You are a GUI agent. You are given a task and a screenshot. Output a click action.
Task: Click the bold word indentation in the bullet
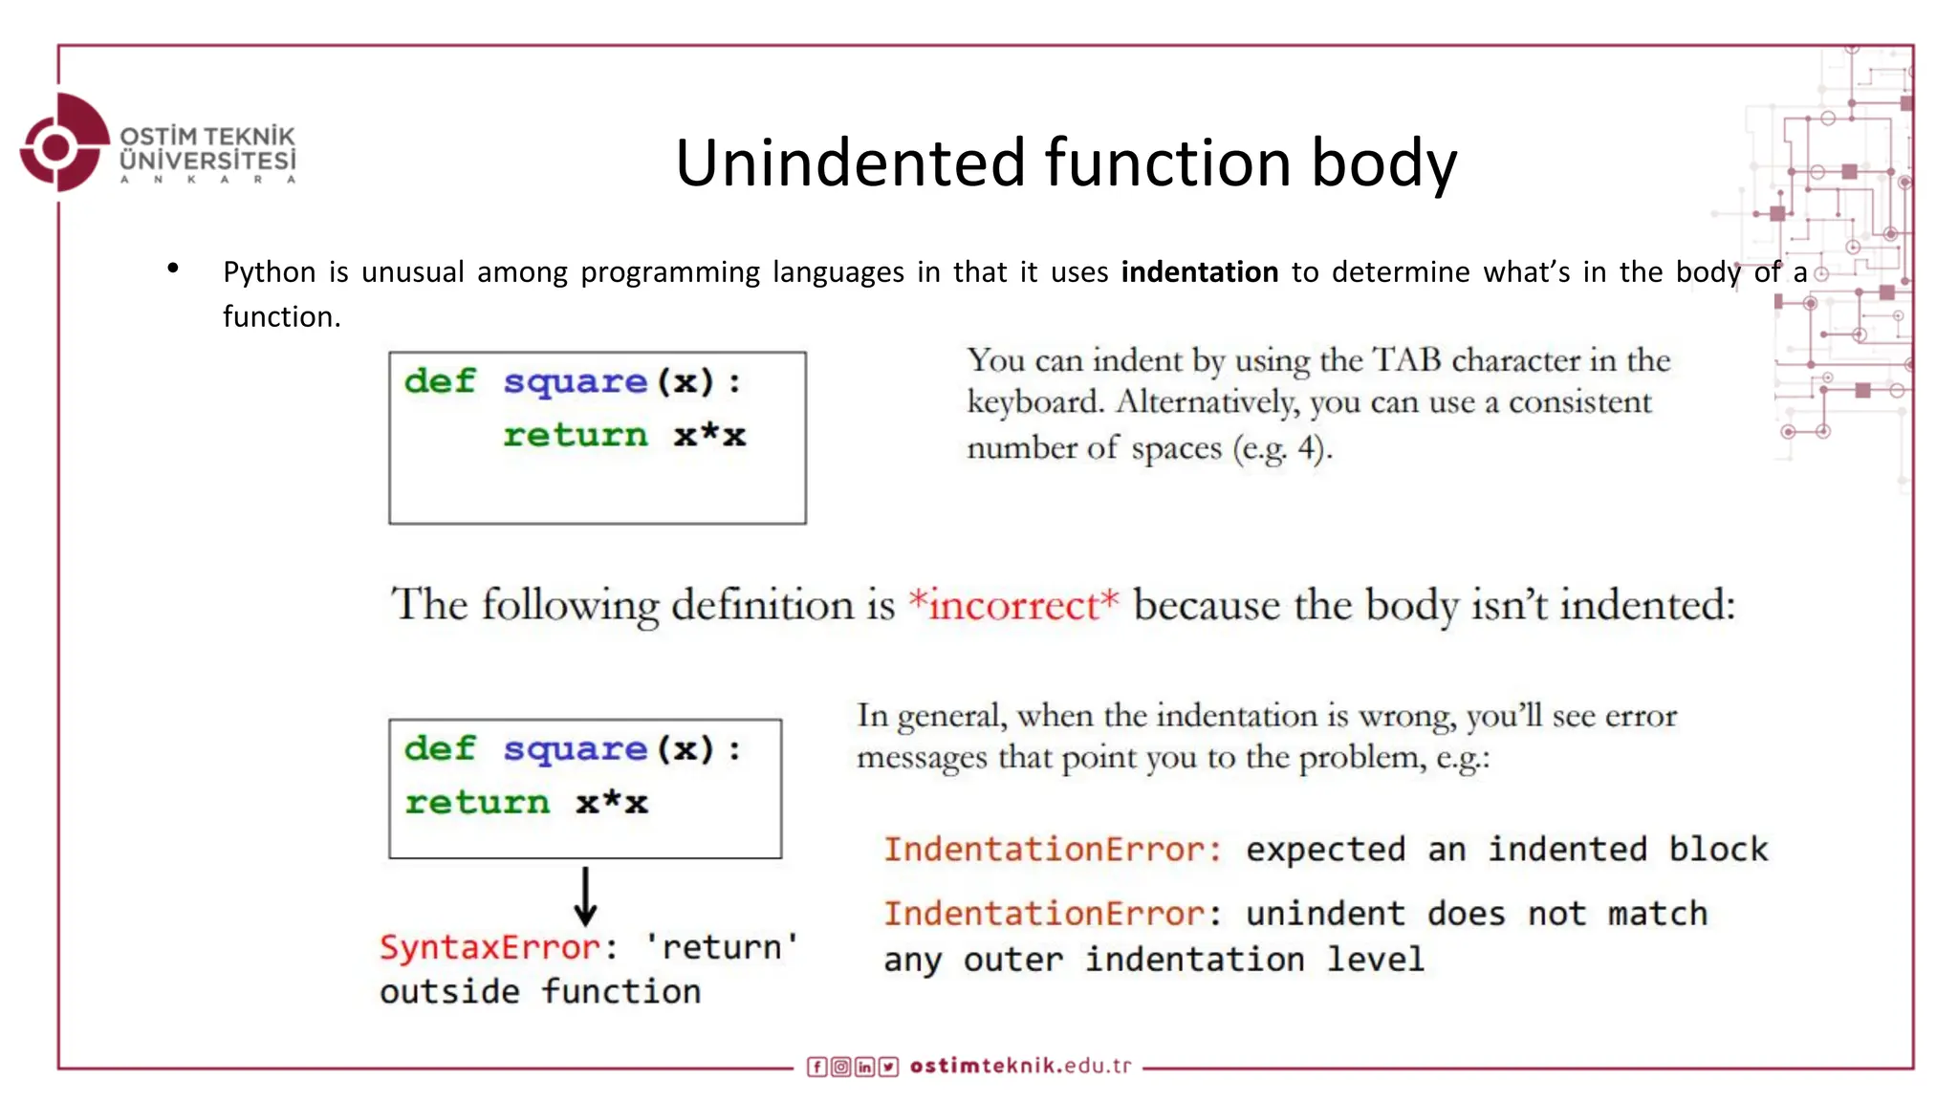point(1199,272)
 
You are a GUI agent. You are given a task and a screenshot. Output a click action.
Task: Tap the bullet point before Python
point(173,269)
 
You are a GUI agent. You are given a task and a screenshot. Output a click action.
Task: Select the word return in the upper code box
point(575,436)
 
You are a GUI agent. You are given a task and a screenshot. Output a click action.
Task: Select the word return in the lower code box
point(477,803)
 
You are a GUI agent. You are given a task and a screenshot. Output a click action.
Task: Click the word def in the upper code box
point(439,381)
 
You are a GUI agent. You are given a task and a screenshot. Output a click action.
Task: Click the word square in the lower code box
point(575,749)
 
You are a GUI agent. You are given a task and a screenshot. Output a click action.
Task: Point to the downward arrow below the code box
point(585,896)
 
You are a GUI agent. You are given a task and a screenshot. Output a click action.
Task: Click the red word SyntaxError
point(489,947)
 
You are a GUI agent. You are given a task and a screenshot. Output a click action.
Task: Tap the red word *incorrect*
point(1012,605)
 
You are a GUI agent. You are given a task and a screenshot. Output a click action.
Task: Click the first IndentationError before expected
point(1052,850)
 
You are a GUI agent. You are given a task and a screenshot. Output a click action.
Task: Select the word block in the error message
point(1718,850)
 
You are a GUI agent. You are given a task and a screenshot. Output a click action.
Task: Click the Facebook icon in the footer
point(816,1067)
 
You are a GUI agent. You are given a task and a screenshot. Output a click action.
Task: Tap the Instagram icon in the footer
point(840,1067)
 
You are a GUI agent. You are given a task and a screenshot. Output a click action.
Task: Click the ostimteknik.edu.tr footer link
point(1020,1066)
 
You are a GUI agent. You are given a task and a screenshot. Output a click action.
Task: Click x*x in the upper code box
point(708,436)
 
